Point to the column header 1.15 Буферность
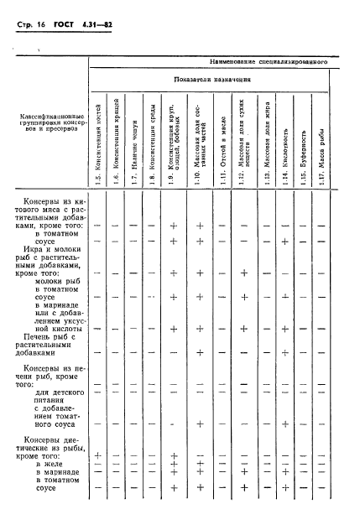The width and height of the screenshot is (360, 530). coord(303,157)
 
